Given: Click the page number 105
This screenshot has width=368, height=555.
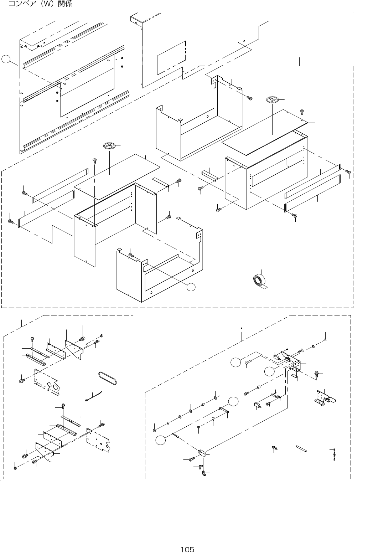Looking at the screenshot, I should pyautogui.click(x=187, y=549).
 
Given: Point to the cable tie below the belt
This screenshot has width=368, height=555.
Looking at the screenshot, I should pyautogui.click(x=94, y=396).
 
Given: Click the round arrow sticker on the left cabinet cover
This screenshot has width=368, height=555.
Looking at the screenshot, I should pyautogui.click(x=109, y=145).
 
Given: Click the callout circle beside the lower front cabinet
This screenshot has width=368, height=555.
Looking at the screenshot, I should pyautogui.click(x=192, y=287).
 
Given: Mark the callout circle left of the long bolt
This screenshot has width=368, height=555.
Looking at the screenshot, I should pyautogui.click(x=235, y=363).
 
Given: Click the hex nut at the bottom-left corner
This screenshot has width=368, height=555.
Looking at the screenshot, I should pyautogui.click(x=15, y=468).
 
